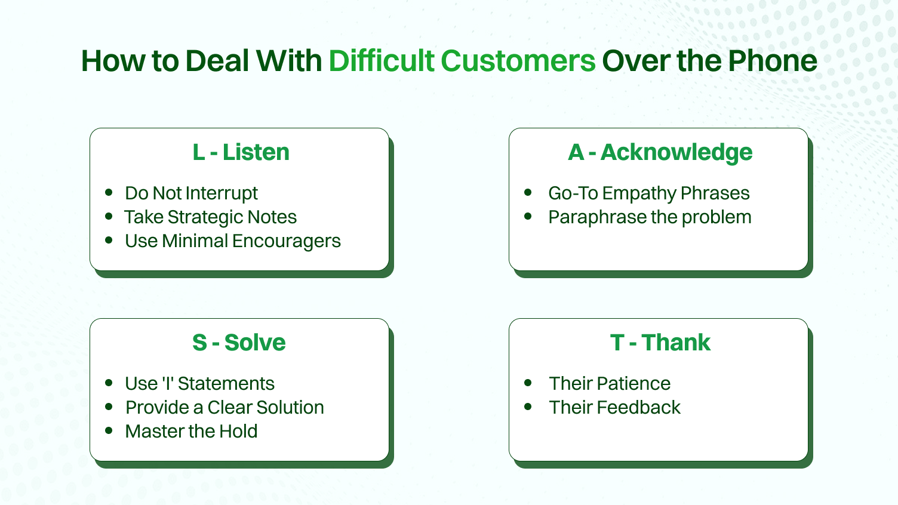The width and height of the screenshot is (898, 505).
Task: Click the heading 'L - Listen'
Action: coord(241,152)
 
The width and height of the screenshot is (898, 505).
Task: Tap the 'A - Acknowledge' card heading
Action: coord(660,152)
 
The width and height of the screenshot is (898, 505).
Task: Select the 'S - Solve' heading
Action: coord(239,343)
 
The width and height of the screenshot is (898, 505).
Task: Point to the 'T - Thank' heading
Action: coord(660,343)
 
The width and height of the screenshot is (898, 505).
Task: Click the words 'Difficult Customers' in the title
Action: coord(462,61)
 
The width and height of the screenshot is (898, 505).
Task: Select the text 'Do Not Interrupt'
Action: coord(191,193)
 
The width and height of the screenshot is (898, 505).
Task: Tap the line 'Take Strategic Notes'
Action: coord(210,217)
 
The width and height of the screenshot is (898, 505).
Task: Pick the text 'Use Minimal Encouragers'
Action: coord(232,241)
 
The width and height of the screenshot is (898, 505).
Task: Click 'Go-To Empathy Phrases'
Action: coord(648,193)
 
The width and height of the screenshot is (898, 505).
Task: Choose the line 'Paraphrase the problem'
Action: coord(650,217)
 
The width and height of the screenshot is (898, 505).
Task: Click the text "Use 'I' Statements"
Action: coord(199,384)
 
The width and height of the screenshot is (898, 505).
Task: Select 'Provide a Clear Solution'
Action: coord(224,408)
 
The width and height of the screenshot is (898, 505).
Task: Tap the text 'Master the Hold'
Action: coord(191,432)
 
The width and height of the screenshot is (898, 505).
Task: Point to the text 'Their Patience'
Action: coord(610,384)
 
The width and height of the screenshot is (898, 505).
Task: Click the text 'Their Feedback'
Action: coord(614,408)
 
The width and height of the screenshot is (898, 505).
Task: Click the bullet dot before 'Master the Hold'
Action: coord(109,430)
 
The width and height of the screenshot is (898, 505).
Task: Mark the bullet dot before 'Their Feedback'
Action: coord(528,407)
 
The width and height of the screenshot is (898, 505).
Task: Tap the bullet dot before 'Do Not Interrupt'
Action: coord(109,192)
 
